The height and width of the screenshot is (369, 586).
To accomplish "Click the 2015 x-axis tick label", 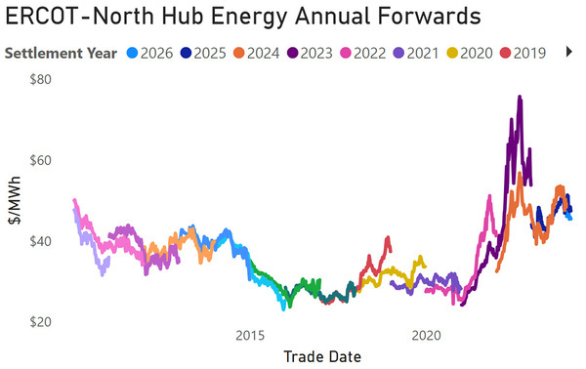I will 250,335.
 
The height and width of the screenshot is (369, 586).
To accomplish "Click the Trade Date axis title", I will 322,356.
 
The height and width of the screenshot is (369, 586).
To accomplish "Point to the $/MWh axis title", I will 15,201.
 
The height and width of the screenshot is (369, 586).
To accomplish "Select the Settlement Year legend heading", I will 62,53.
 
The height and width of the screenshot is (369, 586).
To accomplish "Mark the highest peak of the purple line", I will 520,97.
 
